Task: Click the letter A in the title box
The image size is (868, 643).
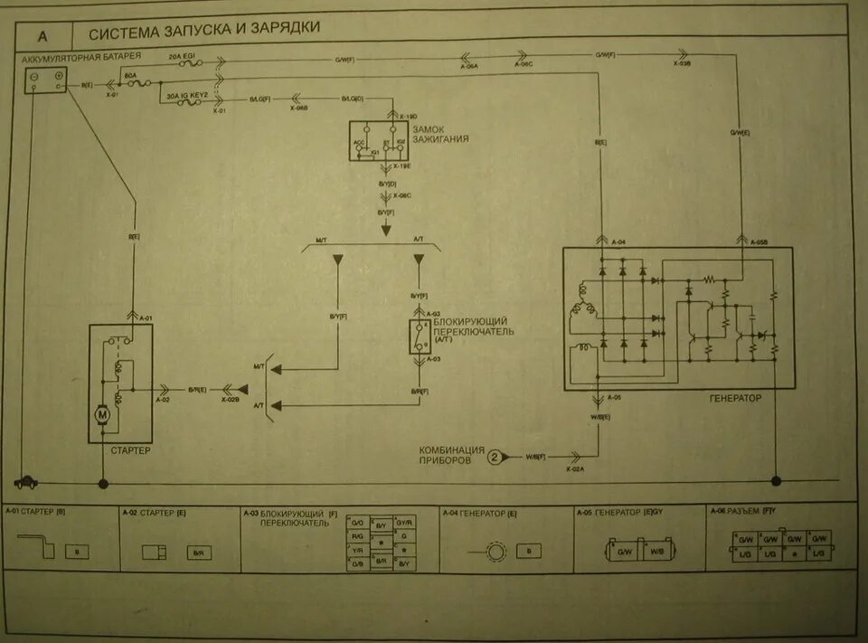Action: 42,37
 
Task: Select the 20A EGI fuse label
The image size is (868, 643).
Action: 184,56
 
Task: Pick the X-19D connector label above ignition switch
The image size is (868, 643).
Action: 409,117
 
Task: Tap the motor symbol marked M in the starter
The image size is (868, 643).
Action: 103,414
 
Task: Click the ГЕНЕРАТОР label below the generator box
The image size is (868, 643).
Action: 736,398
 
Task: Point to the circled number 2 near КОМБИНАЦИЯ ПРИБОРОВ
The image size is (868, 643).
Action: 495,457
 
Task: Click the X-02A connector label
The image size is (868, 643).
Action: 576,470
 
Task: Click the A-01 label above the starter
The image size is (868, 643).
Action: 146,317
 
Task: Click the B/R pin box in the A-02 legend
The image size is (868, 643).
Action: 198,551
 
